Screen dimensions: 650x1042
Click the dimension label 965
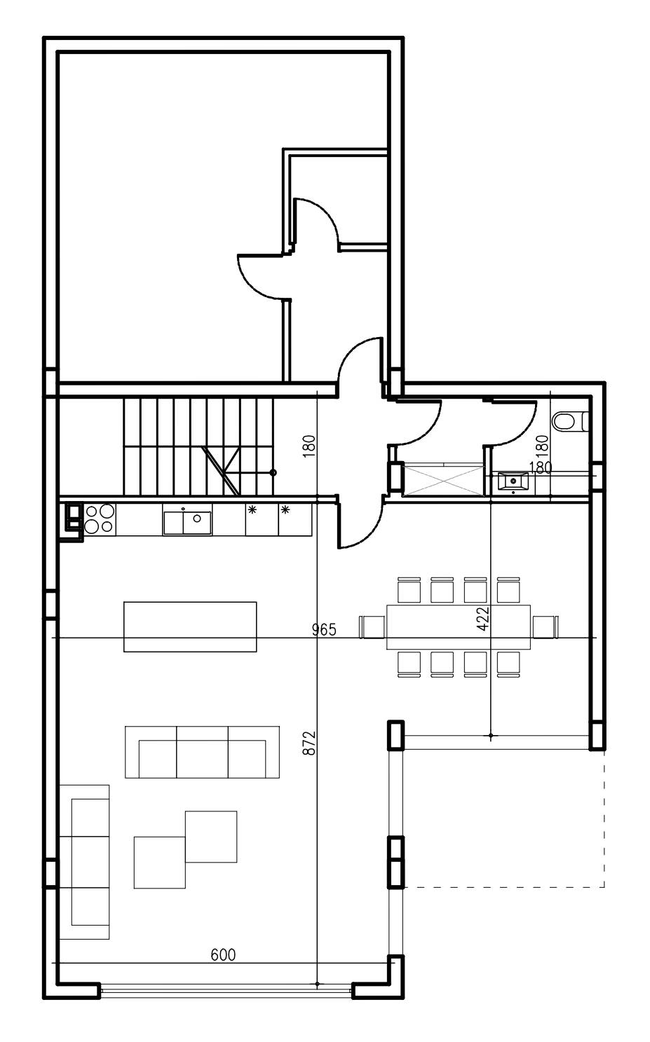pyautogui.click(x=324, y=629)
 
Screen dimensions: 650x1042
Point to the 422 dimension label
pyautogui.click(x=483, y=618)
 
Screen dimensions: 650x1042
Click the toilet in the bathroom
pyautogui.click(x=571, y=421)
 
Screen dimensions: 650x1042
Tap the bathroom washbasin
pyautogui.click(x=513, y=481)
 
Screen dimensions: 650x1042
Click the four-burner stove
pyautogui.click(x=100, y=519)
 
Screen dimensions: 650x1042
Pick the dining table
pyautogui.click(x=459, y=626)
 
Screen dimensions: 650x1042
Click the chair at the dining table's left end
pyautogui.click(x=372, y=626)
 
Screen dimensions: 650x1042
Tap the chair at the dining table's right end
pyautogui.click(x=546, y=626)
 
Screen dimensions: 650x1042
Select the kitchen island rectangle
pyautogui.click(x=190, y=626)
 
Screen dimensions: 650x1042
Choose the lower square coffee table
pyautogui.click(x=160, y=863)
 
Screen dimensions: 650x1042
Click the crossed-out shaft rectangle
pyautogui.click(x=443, y=479)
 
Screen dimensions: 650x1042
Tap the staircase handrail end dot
pyautogui.click(x=273, y=472)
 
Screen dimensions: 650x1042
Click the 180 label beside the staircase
pyautogui.click(x=310, y=446)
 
